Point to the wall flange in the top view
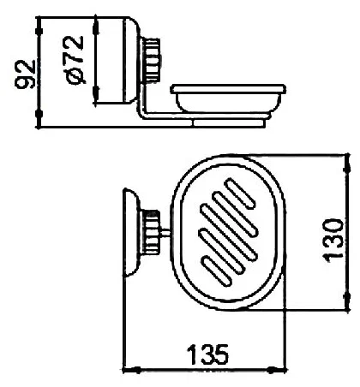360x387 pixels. (132, 231)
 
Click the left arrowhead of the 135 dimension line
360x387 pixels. (129, 371)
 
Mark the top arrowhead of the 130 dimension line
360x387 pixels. (347, 163)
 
